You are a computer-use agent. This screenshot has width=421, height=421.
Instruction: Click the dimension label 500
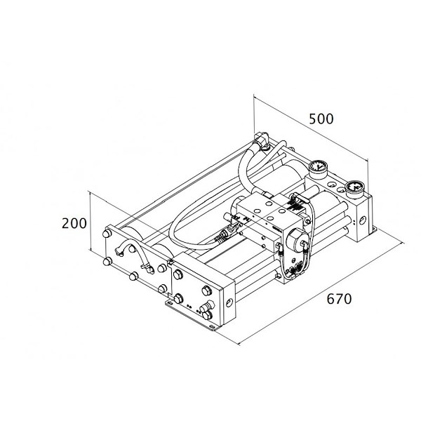tap(321, 119)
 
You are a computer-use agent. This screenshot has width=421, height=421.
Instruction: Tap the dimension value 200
tap(74, 223)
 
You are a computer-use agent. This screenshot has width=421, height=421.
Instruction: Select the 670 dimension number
tap(339, 299)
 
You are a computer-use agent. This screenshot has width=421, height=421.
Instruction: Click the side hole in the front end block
tap(229, 302)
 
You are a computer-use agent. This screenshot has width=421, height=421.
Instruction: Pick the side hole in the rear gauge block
tap(363, 220)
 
